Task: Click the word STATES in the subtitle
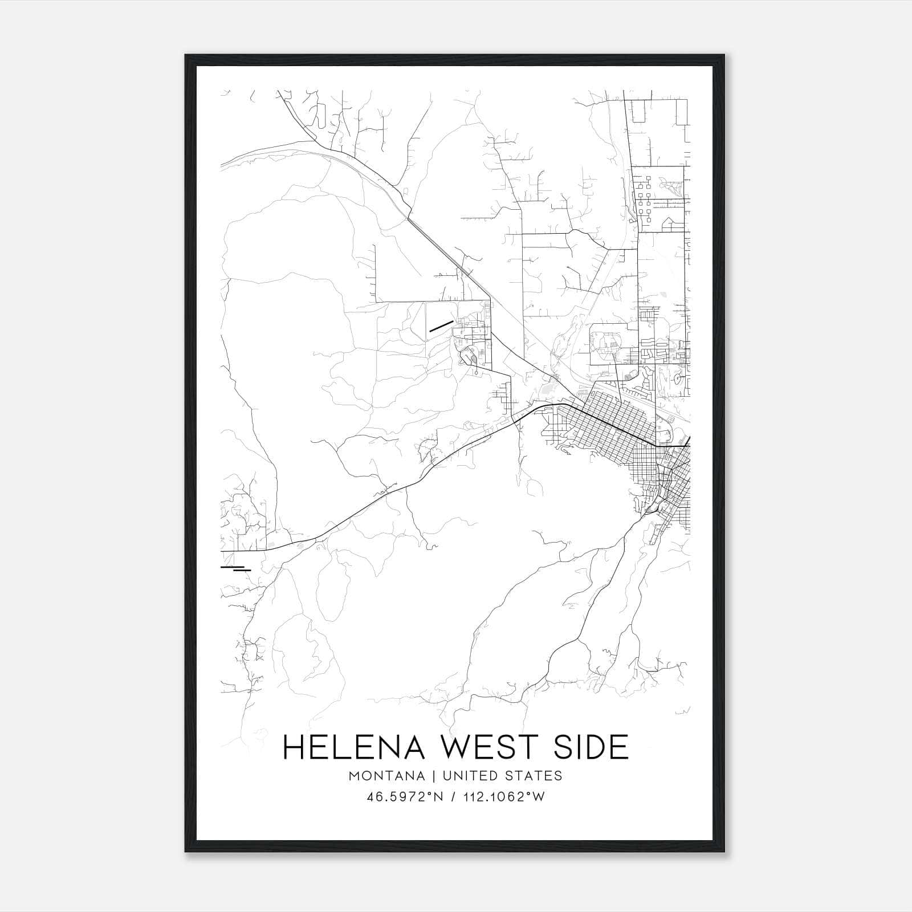pos(535,776)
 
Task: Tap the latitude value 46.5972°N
pos(405,797)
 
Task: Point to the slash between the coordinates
pos(454,797)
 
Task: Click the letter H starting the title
pos(294,747)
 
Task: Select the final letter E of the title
pos(620,747)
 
